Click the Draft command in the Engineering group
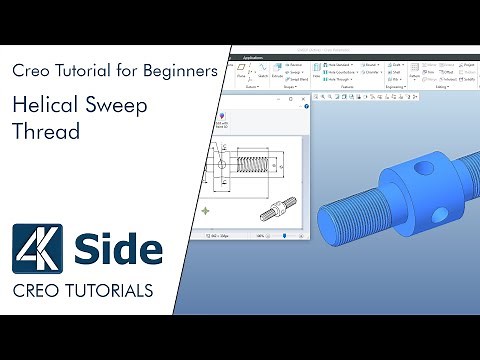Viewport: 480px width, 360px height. (x=395, y=65)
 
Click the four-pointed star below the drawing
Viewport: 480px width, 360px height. (x=207, y=211)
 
